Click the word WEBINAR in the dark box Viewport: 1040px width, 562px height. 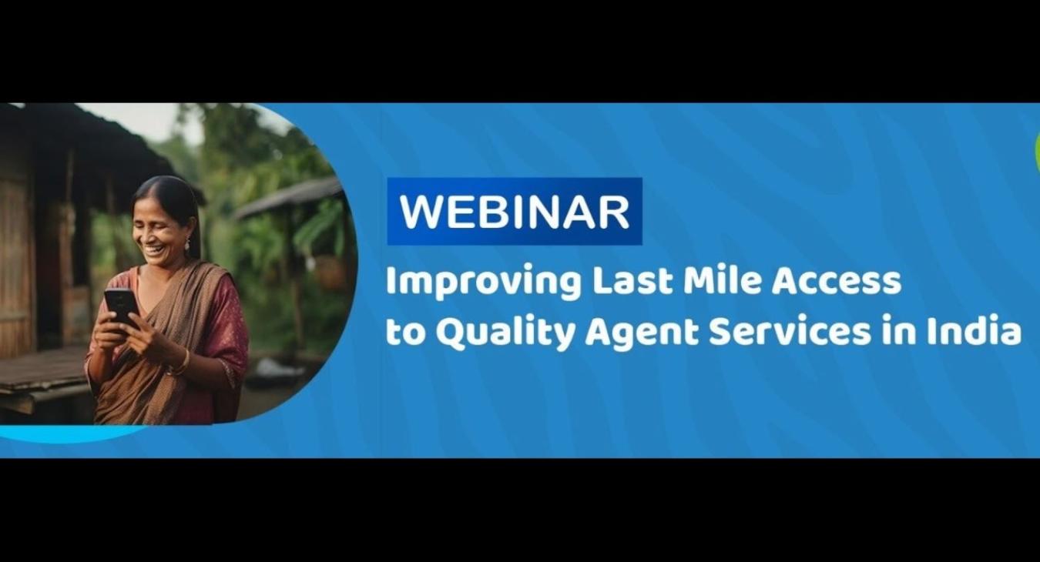click(515, 212)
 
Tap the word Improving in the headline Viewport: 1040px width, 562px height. click(484, 283)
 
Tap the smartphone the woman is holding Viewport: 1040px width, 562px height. click(121, 308)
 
